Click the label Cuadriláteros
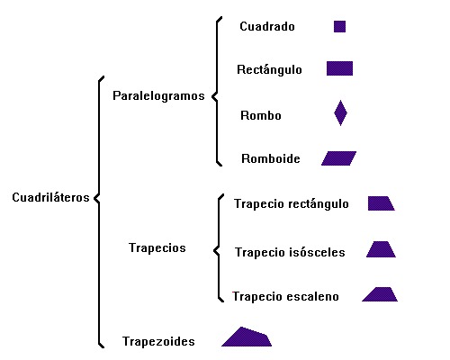[x=50, y=197]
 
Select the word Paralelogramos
[x=158, y=96]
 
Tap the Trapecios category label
[x=157, y=248]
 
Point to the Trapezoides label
[x=158, y=341]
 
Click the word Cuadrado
[x=267, y=26]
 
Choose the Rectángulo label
[x=269, y=69]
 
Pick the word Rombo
[x=261, y=115]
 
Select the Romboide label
[x=271, y=158]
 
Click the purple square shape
[x=339, y=26]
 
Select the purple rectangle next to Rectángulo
[x=339, y=68]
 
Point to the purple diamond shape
[x=340, y=113]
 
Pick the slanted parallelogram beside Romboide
[x=339, y=158]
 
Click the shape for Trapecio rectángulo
[x=380, y=203]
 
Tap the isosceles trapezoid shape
[x=381, y=249]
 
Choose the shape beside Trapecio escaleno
[x=381, y=294]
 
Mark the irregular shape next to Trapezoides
[x=247, y=337]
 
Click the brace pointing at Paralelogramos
[x=217, y=92]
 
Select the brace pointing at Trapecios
[x=219, y=248]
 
